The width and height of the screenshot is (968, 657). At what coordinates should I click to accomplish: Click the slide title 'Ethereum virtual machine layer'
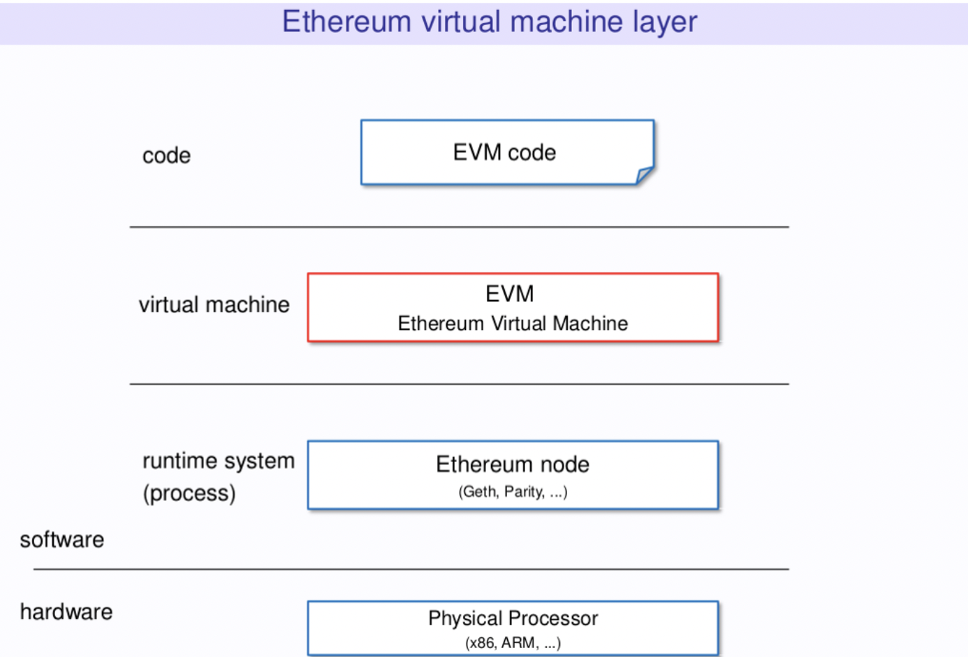point(489,22)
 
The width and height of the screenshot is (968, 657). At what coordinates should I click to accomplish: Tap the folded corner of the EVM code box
point(644,175)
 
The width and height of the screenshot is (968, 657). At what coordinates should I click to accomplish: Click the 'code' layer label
point(166,155)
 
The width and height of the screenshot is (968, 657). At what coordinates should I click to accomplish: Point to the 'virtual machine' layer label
point(214,305)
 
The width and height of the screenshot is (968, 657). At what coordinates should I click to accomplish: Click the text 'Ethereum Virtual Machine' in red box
point(513,324)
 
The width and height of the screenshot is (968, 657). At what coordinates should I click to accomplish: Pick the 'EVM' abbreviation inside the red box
point(510,294)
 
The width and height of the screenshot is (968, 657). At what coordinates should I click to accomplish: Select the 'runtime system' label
point(218,461)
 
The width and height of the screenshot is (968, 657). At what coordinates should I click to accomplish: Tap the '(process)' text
point(189,493)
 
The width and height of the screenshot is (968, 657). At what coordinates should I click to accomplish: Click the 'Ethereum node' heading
point(513,464)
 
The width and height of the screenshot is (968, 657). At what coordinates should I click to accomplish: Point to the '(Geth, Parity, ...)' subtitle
point(513,492)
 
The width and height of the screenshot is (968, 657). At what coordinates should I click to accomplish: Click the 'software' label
point(62,540)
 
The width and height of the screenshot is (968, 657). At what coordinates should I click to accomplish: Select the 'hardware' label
point(66,612)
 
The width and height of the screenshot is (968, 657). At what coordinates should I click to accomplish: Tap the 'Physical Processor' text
point(513,619)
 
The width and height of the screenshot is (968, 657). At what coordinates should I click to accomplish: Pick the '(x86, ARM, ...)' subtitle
point(513,643)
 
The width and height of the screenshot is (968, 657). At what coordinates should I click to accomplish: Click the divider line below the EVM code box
point(459,227)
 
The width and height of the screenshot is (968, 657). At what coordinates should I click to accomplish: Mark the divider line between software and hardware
point(411,570)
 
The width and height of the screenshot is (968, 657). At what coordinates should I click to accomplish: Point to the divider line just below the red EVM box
point(459,384)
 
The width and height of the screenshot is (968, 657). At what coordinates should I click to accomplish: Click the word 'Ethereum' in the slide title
point(346,22)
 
